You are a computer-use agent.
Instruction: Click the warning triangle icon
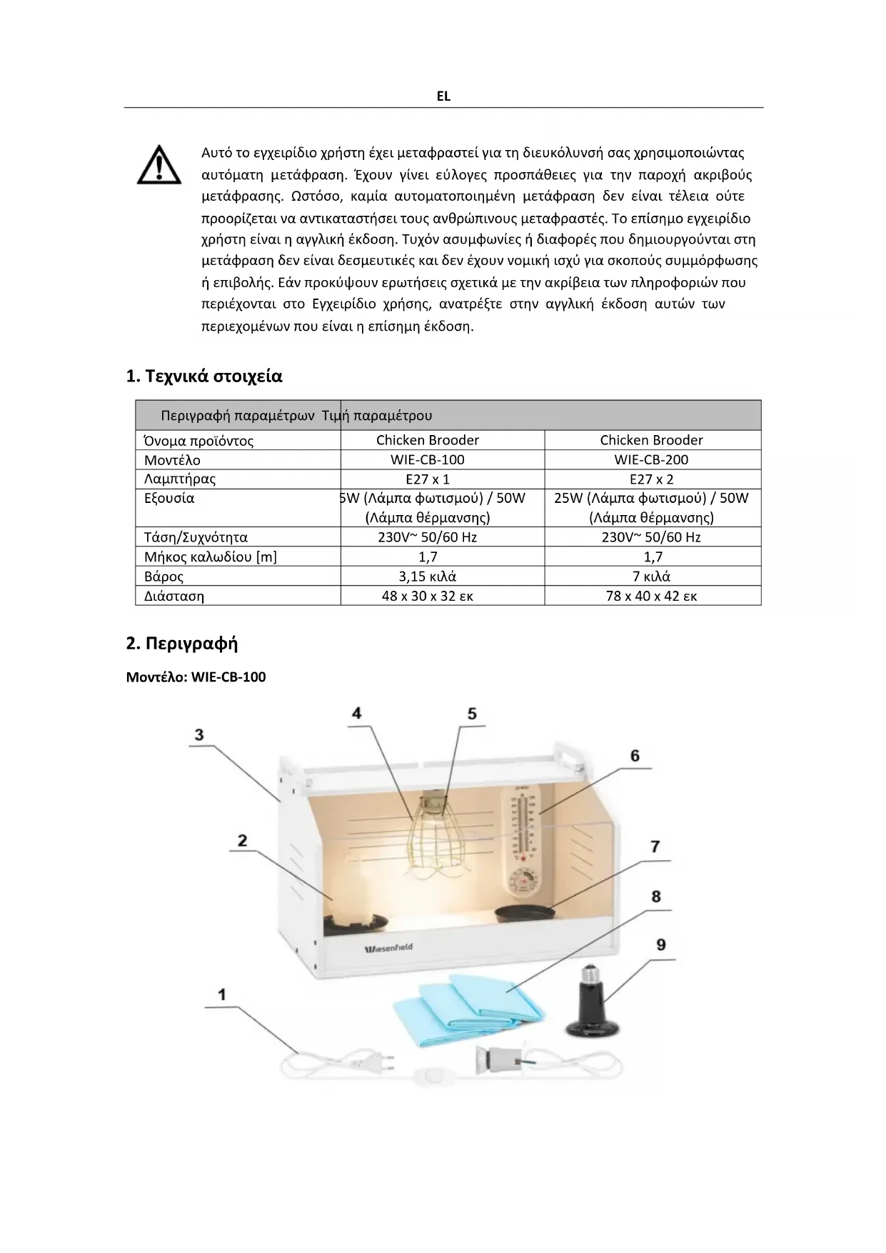158,165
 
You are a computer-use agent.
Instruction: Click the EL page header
443,96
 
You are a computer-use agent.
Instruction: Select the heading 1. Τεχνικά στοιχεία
204,376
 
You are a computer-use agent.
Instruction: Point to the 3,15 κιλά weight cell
427,576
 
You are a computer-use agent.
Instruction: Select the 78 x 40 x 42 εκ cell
651,596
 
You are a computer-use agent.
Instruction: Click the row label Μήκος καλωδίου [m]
211,557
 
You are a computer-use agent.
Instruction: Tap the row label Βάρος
164,576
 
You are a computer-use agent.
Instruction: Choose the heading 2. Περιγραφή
182,644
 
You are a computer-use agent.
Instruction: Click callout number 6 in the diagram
635,756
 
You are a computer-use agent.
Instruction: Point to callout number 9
661,944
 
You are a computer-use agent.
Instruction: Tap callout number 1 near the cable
222,994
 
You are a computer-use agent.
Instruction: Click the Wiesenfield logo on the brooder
389,948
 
